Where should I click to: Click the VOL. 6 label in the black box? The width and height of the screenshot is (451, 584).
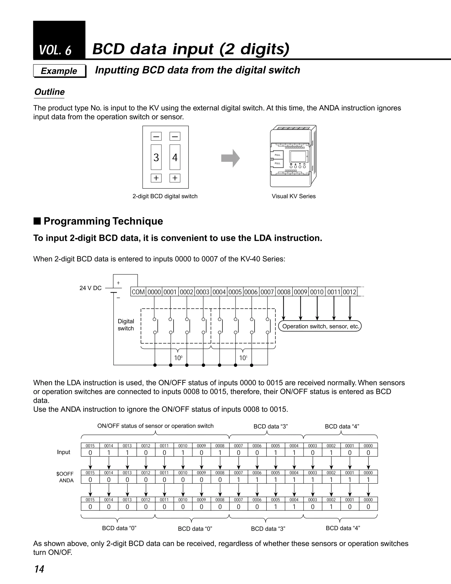(x=55, y=50)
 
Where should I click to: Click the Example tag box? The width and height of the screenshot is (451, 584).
(x=59, y=71)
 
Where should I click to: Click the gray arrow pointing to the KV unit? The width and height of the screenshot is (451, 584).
(x=230, y=158)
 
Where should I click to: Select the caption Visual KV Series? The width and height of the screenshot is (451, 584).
(x=293, y=196)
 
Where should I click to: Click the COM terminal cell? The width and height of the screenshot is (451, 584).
(x=138, y=292)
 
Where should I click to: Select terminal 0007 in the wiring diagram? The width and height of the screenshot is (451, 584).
(x=267, y=292)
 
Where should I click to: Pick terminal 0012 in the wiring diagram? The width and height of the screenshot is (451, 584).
(x=349, y=292)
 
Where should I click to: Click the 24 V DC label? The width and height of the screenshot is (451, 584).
(x=91, y=288)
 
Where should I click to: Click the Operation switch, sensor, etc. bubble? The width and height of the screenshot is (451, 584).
(x=320, y=326)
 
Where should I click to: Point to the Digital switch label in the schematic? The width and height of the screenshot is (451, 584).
(x=126, y=325)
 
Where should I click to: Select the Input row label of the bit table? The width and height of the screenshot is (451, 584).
(x=64, y=452)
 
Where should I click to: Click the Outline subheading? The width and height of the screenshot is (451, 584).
(x=49, y=92)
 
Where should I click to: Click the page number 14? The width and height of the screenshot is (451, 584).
(x=39, y=569)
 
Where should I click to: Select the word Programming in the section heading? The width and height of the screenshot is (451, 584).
(x=77, y=221)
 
